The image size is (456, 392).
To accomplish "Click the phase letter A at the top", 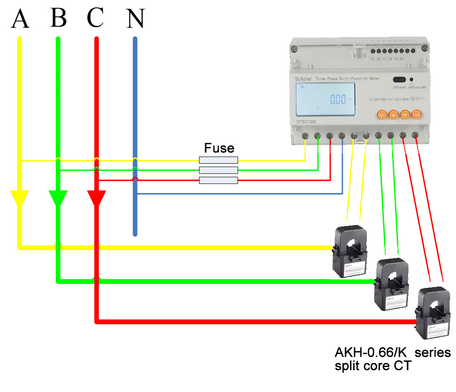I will coord(20,19).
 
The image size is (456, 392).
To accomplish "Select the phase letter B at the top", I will coord(59,18).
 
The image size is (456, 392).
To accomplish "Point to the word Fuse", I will coord(219,148).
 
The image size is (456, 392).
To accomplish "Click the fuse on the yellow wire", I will coord(219,160).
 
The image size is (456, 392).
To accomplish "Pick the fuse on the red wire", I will coord(219,180).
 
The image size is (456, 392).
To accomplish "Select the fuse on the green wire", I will coord(219,170).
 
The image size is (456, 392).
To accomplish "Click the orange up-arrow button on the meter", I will coord(394,115).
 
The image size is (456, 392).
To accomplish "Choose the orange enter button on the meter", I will coord(417,115).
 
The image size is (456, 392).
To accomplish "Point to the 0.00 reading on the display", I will coord(337,99).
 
